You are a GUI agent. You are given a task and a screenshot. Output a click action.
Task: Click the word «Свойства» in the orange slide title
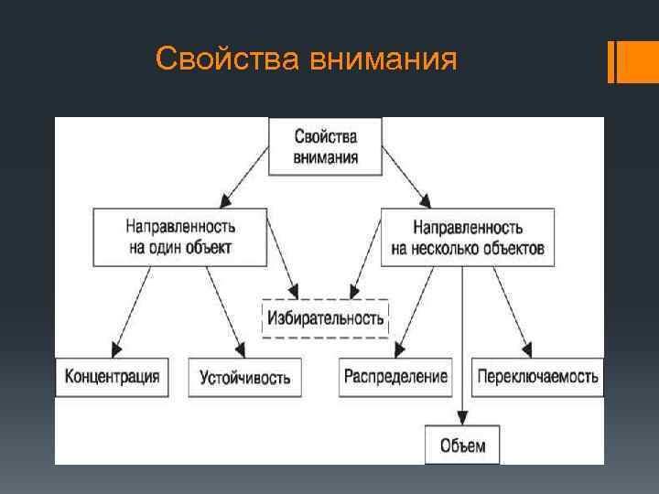coord(228,59)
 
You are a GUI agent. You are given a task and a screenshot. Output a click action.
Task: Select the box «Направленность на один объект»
coord(179,236)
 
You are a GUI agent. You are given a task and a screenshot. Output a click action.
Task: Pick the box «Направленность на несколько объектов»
coord(467,236)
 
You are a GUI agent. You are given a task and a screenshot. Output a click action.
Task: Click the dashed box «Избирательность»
coord(325,317)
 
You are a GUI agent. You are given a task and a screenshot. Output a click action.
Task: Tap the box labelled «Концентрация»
coord(113,376)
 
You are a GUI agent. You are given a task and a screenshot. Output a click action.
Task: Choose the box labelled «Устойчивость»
coord(244,377)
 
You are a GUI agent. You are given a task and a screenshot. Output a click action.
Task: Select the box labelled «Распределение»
coord(395,376)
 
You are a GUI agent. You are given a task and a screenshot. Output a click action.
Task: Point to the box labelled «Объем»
coord(462,446)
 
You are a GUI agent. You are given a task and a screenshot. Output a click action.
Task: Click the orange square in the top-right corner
coord(639,61)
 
